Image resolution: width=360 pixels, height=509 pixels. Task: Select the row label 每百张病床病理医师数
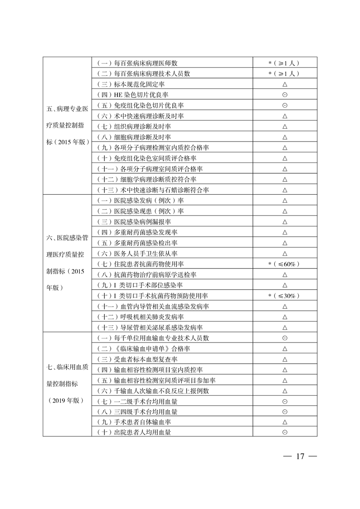[x=141, y=63]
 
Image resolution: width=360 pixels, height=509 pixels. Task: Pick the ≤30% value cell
[x=284, y=296]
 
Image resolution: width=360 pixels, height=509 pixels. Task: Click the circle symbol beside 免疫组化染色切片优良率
[x=285, y=105]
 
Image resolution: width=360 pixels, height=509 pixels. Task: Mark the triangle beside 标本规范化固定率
[x=285, y=84]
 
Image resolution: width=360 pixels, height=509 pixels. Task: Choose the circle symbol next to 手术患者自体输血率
[x=285, y=422]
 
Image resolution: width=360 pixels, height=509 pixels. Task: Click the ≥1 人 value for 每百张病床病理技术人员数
[x=284, y=73]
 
